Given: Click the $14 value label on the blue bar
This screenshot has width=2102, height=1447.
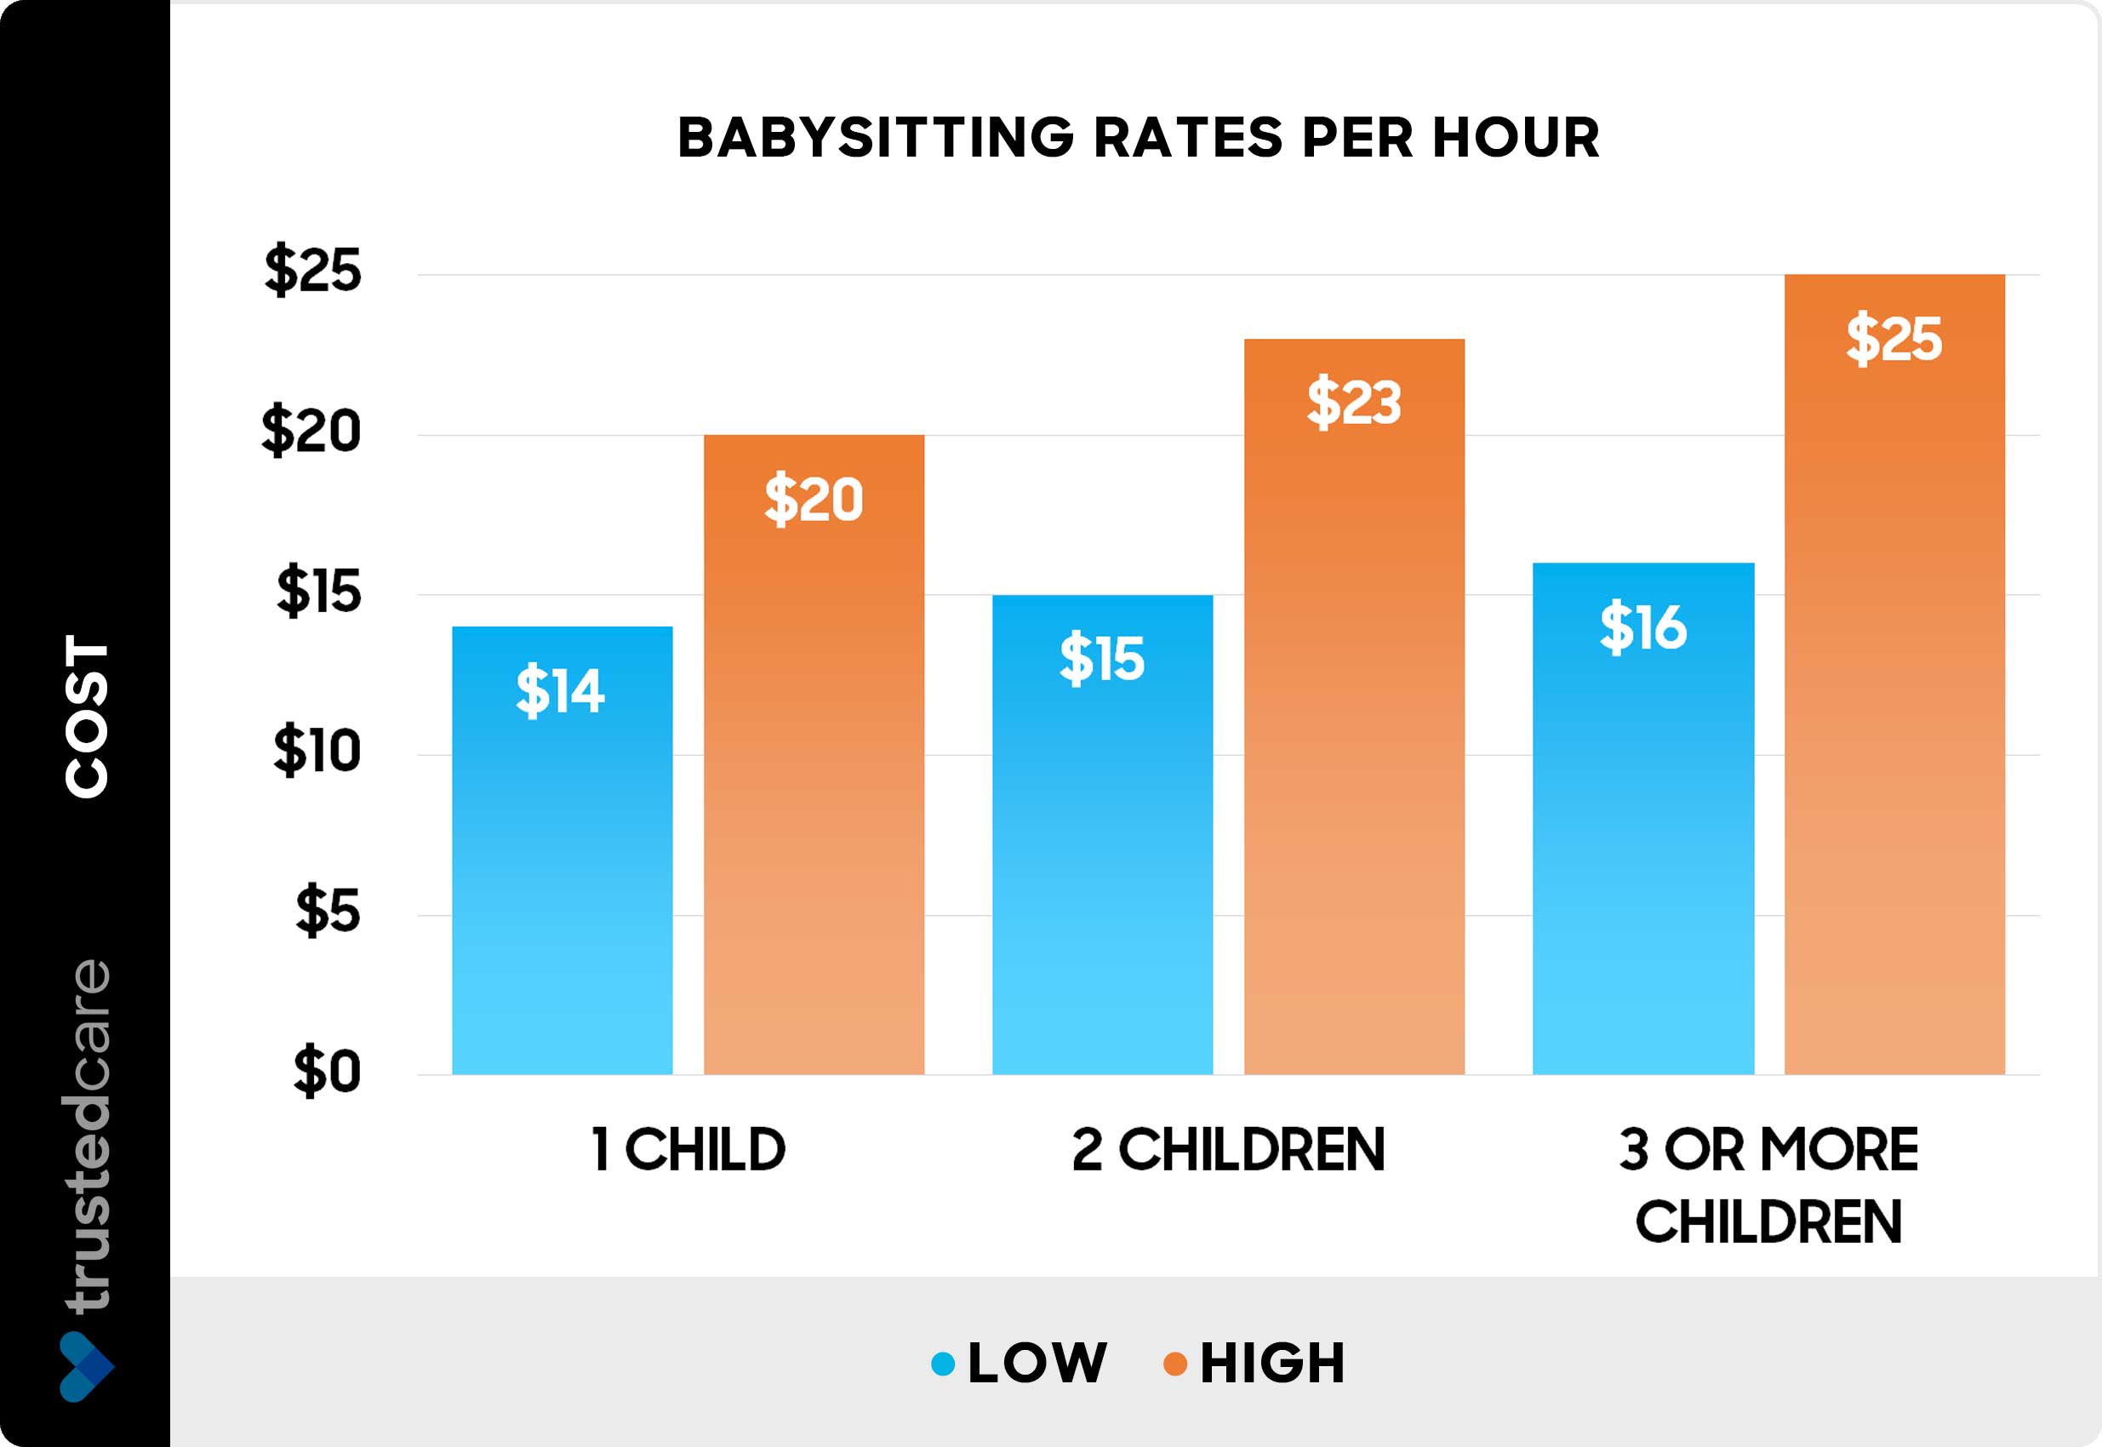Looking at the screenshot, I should (x=560, y=691).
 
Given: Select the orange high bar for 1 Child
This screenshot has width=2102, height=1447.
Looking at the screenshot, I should (x=814, y=770).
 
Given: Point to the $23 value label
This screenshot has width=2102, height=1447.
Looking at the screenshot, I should (x=1354, y=402).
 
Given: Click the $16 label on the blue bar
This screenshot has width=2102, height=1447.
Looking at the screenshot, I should (x=1642, y=627).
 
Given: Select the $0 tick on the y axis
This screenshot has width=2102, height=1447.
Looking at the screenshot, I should (x=326, y=1072).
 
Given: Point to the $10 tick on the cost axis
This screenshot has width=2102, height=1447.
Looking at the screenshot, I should (x=317, y=751).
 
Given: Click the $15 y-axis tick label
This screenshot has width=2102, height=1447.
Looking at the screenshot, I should (x=319, y=591).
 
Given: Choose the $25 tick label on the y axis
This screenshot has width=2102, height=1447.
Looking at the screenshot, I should (x=312, y=269).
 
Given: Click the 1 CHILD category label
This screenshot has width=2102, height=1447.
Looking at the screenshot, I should (x=688, y=1150).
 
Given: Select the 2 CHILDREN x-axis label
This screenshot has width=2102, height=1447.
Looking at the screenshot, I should (x=1228, y=1150).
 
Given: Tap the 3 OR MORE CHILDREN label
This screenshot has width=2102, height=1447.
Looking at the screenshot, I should (x=1768, y=1184).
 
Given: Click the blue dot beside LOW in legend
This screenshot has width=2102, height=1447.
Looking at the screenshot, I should (x=944, y=1364).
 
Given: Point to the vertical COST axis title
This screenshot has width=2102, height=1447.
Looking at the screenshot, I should (x=87, y=716).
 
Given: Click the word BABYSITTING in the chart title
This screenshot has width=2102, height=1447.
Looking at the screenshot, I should (x=876, y=138).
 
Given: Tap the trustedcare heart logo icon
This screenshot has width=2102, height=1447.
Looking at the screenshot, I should (x=86, y=1366).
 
